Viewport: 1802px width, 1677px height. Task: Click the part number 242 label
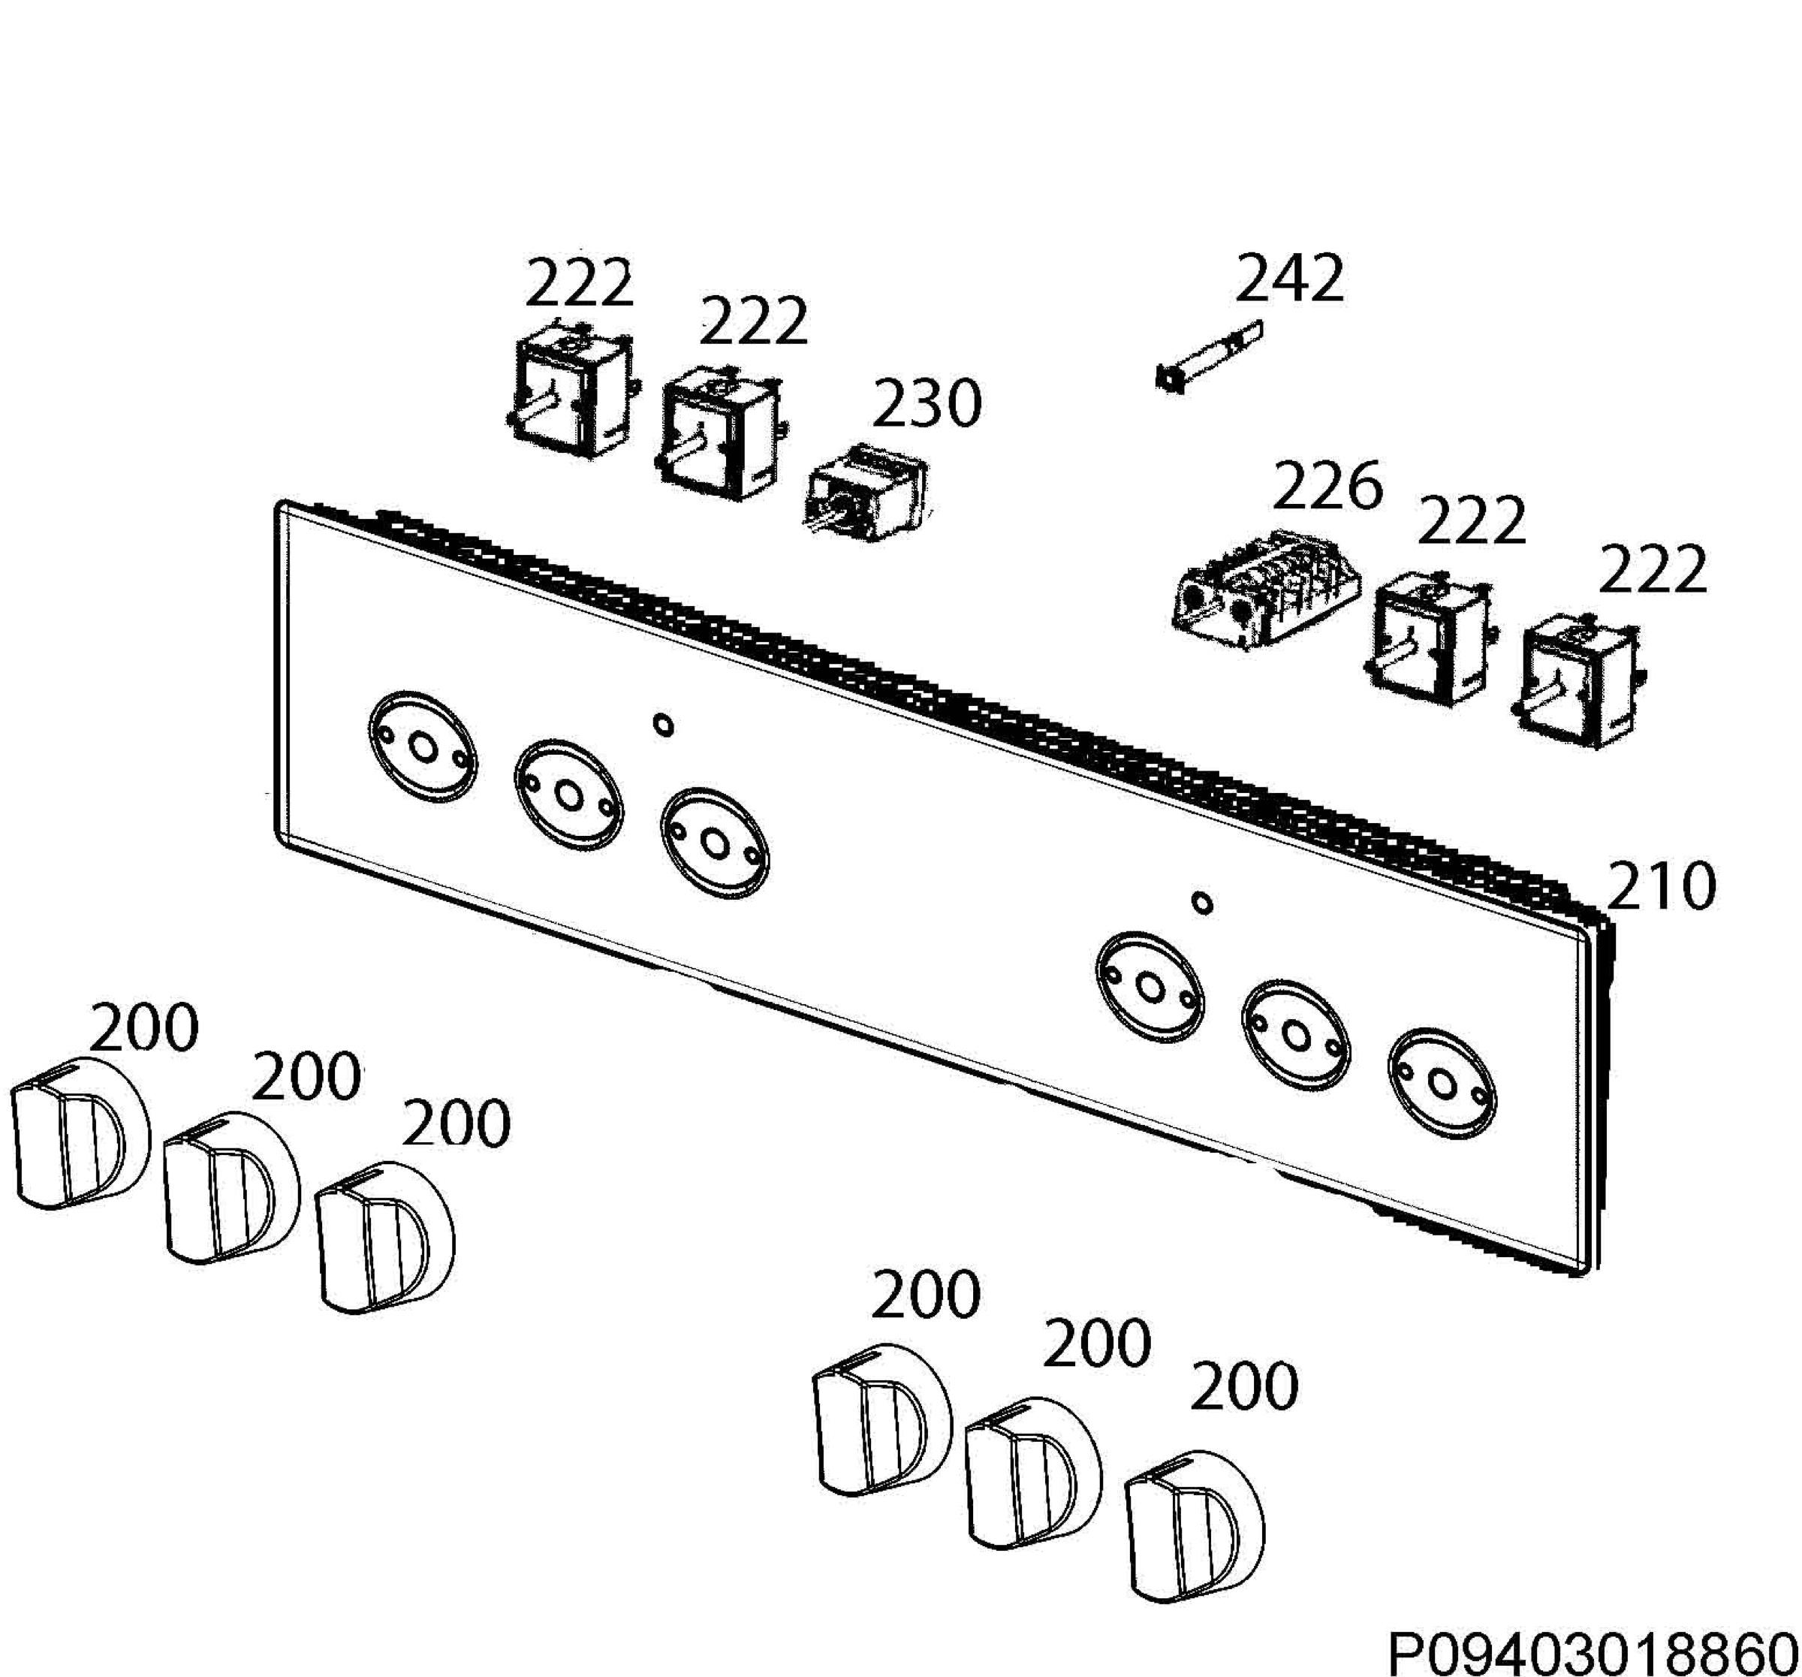click(x=1289, y=279)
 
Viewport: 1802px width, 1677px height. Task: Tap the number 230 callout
click(x=927, y=403)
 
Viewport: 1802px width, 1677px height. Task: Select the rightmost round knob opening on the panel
click(x=1442, y=1082)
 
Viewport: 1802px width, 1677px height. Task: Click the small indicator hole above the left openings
click(x=664, y=725)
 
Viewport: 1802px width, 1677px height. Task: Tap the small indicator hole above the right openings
click(x=1202, y=903)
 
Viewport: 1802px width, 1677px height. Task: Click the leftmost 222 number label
click(x=578, y=284)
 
